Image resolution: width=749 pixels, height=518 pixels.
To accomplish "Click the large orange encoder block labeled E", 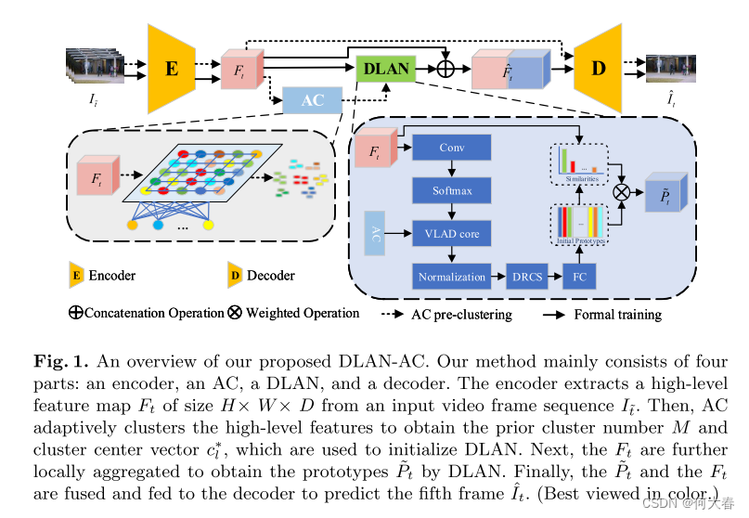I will pyautogui.click(x=174, y=69).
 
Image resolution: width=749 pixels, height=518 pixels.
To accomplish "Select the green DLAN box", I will pyautogui.click(x=384, y=68).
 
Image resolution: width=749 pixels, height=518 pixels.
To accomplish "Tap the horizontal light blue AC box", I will pyautogui.click(x=313, y=100).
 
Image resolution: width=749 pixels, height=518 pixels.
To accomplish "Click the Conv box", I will pyautogui.click(x=451, y=149).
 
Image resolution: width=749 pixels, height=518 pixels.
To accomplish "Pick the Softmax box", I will pyautogui.click(x=451, y=191).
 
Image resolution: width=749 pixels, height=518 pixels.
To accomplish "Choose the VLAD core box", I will pyautogui.click(x=451, y=233).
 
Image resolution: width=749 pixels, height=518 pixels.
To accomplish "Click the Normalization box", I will pyautogui.click(x=451, y=277).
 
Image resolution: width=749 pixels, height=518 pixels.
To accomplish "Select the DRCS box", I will pyautogui.click(x=525, y=277).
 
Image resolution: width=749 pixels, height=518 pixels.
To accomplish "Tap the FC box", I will pyautogui.click(x=580, y=277).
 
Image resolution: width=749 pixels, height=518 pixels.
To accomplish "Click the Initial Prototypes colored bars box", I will pyautogui.click(x=580, y=226).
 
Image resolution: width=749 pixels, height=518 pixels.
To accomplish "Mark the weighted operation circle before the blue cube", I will pyautogui.click(x=623, y=192).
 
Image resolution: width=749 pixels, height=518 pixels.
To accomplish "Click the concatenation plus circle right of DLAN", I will pyautogui.click(x=447, y=68).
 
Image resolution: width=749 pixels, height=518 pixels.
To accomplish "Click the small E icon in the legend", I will pyautogui.click(x=76, y=275).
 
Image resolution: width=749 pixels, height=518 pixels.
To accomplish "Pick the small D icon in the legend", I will pyautogui.click(x=235, y=275).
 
